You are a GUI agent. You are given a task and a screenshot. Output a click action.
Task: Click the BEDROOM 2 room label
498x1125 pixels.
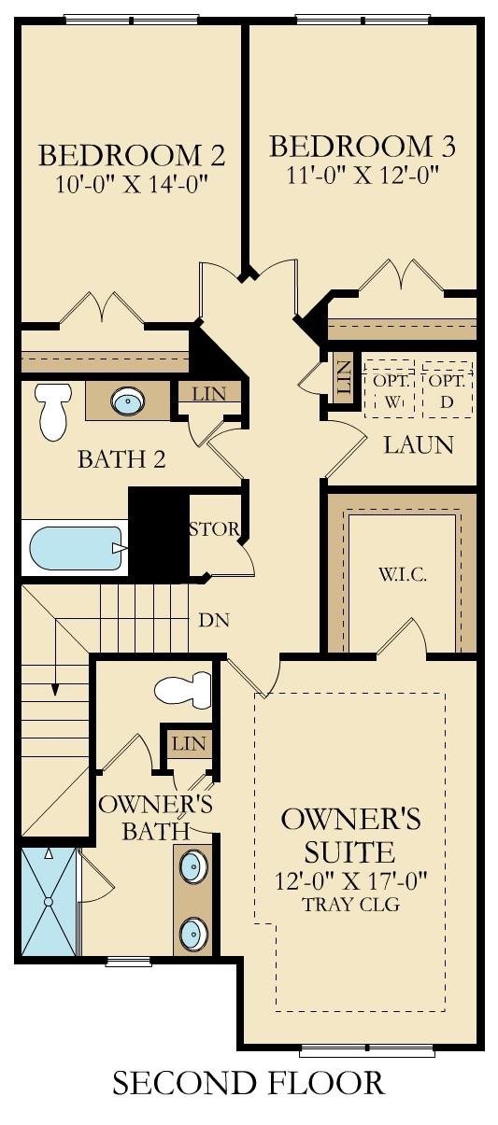coord(131,153)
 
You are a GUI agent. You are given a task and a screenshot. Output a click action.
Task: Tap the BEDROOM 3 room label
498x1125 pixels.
coord(363,147)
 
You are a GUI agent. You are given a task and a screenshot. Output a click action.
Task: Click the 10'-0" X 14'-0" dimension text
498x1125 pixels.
coord(131,182)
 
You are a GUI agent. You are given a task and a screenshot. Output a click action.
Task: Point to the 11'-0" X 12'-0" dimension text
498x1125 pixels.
coord(363,175)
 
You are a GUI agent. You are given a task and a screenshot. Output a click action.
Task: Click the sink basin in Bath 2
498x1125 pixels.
coord(127,402)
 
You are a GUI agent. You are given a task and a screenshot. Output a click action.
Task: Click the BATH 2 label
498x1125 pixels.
coord(121,459)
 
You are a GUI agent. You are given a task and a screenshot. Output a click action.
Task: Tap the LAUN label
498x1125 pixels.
coord(419,445)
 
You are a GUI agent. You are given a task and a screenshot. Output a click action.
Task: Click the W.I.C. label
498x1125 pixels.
coord(403,574)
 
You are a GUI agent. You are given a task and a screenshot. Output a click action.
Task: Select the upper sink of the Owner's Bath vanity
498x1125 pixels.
coord(193,866)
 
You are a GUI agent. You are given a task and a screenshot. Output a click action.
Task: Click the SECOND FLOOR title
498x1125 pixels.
coord(249,1083)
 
